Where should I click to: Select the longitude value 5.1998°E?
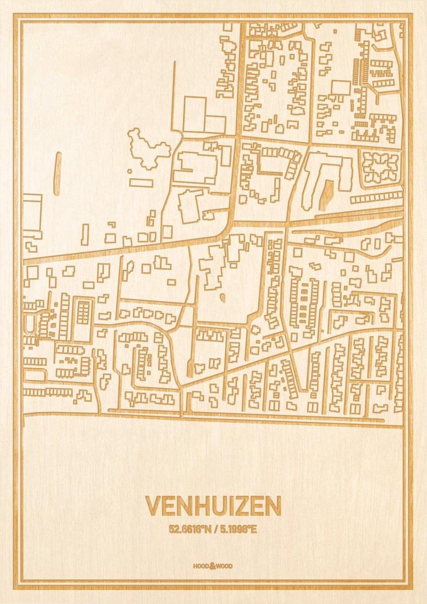click(x=237, y=529)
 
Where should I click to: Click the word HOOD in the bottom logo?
click(x=200, y=566)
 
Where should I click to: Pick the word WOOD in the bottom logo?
click(x=226, y=566)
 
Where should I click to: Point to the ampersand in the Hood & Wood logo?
click(x=213, y=566)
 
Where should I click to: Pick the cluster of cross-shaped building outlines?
click(x=380, y=168)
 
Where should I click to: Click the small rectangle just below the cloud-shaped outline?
click(x=141, y=183)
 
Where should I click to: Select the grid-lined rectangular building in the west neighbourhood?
click(x=83, y=312)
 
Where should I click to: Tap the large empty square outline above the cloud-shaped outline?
click(x=194, y=114)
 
